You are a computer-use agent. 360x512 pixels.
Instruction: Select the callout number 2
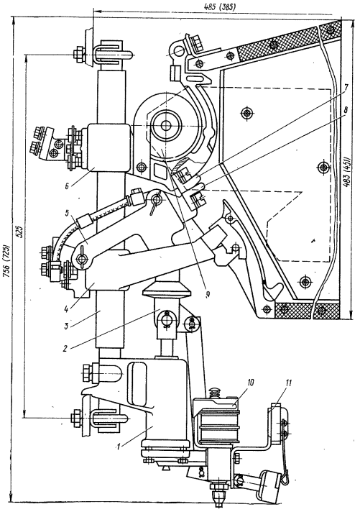(65, 349)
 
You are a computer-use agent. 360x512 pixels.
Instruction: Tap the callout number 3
(65, 326)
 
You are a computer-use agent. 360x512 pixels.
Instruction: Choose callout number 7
(346, 88)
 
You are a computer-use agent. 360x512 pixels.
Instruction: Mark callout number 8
(346, 110)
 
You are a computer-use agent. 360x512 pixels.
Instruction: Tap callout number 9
(207, 294)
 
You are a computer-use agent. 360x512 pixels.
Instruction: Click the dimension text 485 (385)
(218, 7)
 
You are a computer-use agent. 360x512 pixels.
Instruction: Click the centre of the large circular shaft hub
(166, 126)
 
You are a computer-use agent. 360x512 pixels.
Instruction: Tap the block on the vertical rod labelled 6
(107, 147)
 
